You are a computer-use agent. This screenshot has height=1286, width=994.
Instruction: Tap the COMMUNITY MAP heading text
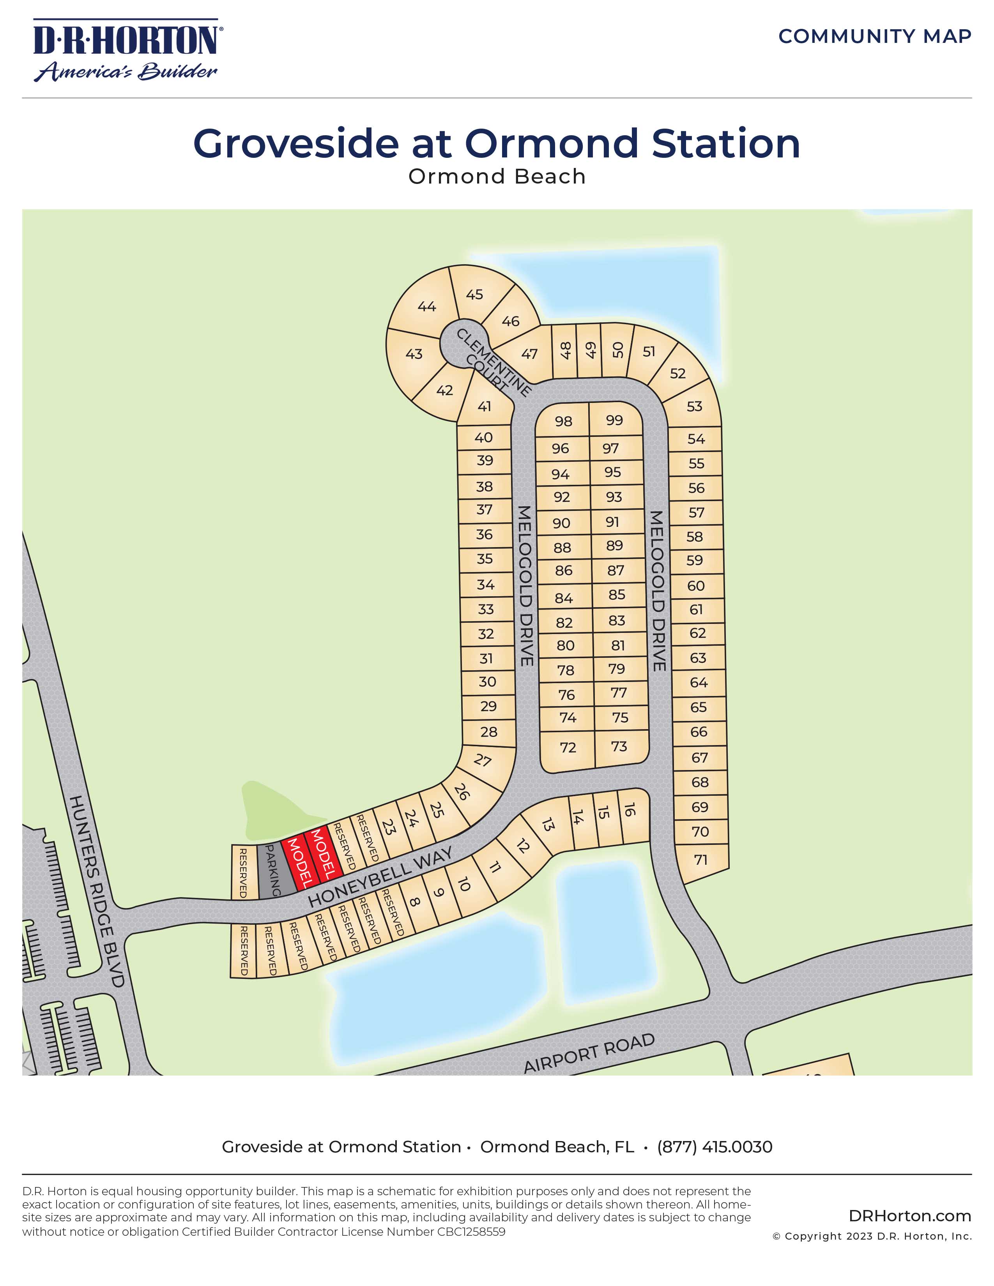[874, 37]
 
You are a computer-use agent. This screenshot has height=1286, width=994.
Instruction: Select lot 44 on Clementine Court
[426, 307]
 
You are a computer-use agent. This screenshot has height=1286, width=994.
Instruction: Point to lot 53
[694, 406]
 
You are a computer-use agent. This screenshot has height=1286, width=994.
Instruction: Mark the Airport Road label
[589, 1053]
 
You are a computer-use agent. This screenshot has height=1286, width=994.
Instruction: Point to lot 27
[483, 760]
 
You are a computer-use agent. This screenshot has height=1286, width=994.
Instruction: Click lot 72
[568, 747]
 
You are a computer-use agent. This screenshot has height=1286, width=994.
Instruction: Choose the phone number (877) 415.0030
[714, 1147]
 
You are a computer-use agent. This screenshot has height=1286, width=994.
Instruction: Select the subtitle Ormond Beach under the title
[497, 177]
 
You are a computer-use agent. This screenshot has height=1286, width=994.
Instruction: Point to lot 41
[484, 406]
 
